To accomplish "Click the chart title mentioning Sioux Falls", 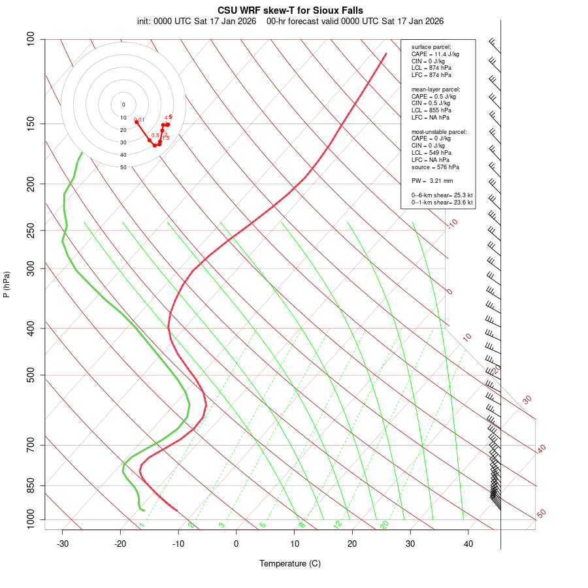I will [x=290, y=10].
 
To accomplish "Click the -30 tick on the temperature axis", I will [x=63, y=543].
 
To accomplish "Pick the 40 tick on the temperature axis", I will [x=468, y=543].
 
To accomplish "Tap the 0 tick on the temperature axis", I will [x=237, y=543].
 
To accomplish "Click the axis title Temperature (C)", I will [x=290, y=564].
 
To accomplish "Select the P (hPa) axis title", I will [x=7, y=285].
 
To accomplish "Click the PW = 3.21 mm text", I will [x=432, y=181].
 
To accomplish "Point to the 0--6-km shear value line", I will [x=442, y=195].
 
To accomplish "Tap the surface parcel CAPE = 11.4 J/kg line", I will [x=435, y=54].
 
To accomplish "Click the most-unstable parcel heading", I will [x=439, y=131].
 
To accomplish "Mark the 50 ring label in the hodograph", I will [x=123, y=167].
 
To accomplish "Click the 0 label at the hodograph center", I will [x=123, y=105].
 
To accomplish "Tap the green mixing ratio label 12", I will [x=338, y=525].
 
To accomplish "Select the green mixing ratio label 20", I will [x=384, y=525].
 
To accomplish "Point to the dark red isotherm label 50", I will [x=541, y=514].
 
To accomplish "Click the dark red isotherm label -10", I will [x=452, y=223].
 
